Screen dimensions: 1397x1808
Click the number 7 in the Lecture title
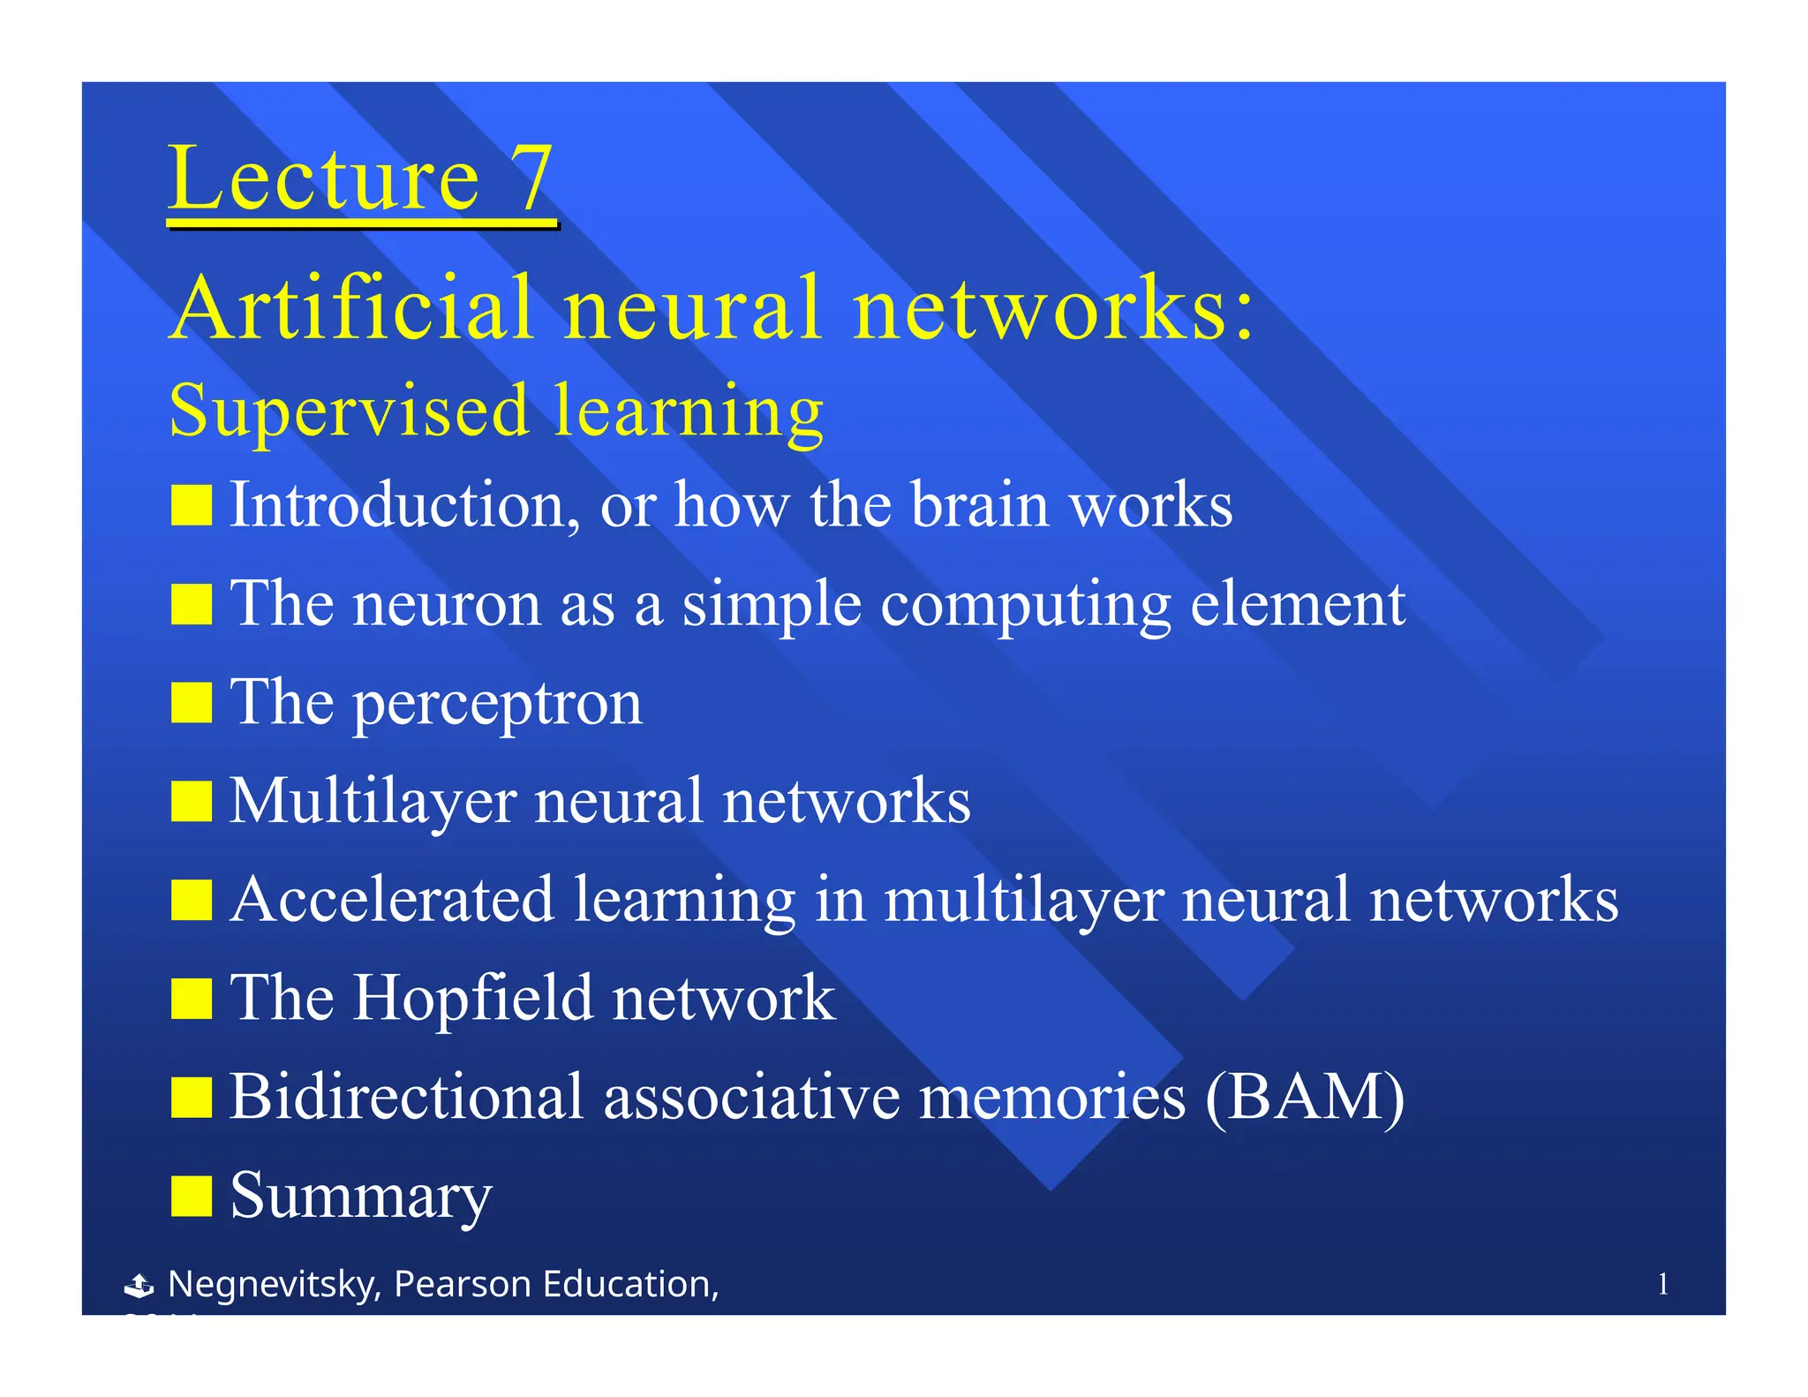coord(531,179)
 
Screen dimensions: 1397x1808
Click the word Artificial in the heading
coord(351,307)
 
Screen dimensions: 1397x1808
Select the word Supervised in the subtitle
coord(349,411)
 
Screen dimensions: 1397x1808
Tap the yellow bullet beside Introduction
coord(192,506)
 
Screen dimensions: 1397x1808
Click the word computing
coord(1025,606)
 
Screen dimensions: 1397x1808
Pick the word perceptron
coord(498,705)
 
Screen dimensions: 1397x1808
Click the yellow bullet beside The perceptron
coord(192,703)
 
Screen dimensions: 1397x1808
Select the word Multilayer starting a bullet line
coord(373,802)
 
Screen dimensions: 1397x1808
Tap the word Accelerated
coord(393,900)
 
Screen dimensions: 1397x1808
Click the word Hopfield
coord(473,998)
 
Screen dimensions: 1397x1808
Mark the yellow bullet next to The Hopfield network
coord(192,999)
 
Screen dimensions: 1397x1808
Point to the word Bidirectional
coord(407,1097)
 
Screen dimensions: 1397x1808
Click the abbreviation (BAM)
coord(1305,1098)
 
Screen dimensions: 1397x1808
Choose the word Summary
coord(361,1197)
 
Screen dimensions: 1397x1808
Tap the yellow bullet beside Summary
coord(192,1197)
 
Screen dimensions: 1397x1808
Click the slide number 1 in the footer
coord(1662,1284)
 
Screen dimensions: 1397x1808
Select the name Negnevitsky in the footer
coord(274,1284)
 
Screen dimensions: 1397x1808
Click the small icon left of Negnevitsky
coord(139,1286)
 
